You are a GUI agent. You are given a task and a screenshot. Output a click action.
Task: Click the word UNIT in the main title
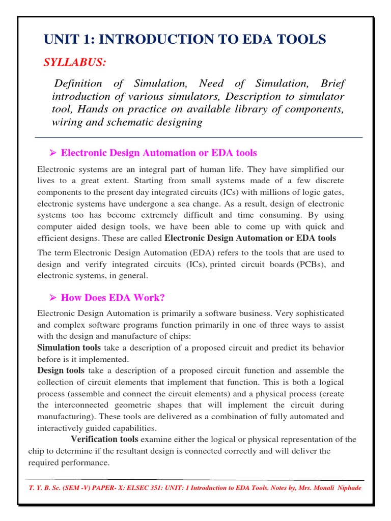[60, 39]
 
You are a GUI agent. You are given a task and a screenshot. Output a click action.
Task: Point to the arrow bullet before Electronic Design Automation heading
[51, 153]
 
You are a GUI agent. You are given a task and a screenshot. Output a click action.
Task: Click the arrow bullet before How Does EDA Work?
[51, 298]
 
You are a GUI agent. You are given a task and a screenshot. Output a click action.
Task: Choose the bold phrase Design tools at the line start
[61, 370]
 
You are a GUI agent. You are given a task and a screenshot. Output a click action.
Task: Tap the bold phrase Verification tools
[104, 439]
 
